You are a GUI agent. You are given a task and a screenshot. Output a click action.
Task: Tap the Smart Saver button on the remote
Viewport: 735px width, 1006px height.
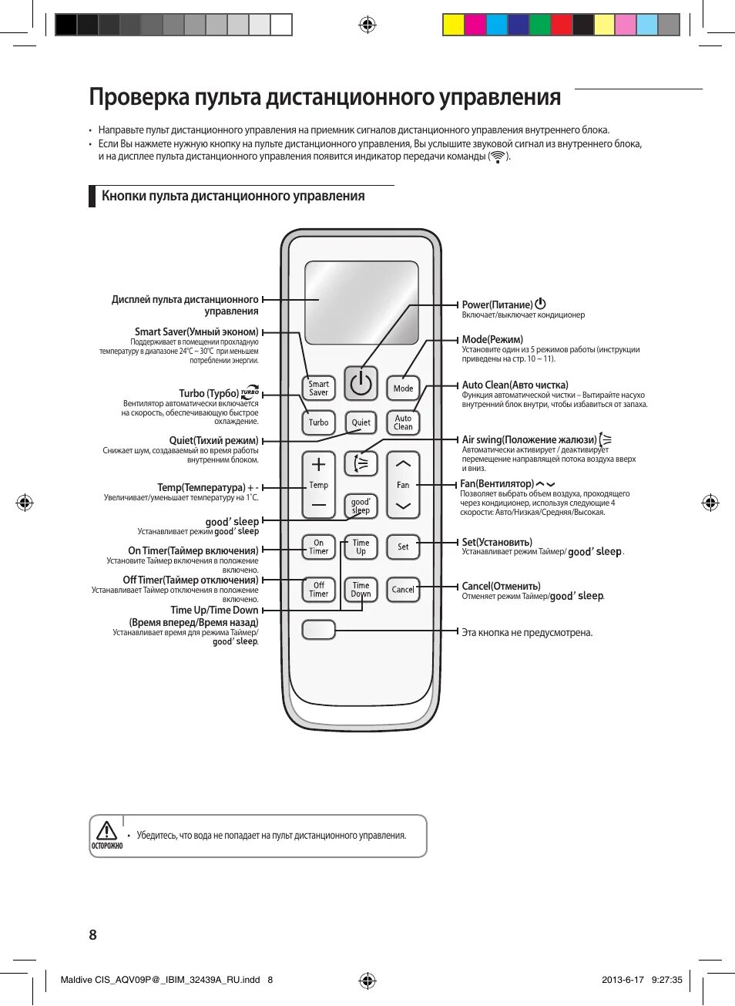coord(318,388)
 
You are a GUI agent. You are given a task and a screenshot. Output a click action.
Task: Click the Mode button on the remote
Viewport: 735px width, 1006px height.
coord(403,388)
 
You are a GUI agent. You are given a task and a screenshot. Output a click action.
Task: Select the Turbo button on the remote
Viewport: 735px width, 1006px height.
coord(318,422)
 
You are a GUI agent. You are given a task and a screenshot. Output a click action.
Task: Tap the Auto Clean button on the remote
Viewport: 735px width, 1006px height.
coord(403,422)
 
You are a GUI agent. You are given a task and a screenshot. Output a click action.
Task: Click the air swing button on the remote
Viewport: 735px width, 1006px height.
coord(361,463)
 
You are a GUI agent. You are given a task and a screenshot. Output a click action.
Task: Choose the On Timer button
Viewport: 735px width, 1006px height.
coord(318,547)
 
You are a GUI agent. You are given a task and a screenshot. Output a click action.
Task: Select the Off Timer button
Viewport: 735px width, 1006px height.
coord(318,589)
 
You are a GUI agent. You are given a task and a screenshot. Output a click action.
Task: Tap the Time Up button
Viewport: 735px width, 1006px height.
coord(361,547)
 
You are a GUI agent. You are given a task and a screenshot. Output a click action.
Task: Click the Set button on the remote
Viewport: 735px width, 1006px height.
coord(403,547)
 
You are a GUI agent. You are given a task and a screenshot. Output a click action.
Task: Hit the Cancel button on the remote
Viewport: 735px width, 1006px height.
coord(403,589)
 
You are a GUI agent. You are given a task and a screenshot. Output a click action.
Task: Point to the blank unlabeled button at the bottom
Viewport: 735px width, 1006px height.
coord(318,630)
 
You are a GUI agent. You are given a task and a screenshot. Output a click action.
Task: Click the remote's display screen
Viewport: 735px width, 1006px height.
coord(361,302)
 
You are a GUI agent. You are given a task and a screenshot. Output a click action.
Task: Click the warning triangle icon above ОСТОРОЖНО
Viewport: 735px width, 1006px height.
coord(106,830)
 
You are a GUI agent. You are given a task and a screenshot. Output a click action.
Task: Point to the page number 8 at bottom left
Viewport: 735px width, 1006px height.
coord(93,935)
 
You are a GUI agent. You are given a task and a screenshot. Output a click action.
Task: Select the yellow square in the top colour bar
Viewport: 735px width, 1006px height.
coord(453,25)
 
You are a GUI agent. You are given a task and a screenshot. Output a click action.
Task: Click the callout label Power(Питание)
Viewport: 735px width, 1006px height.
coord(498,304)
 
